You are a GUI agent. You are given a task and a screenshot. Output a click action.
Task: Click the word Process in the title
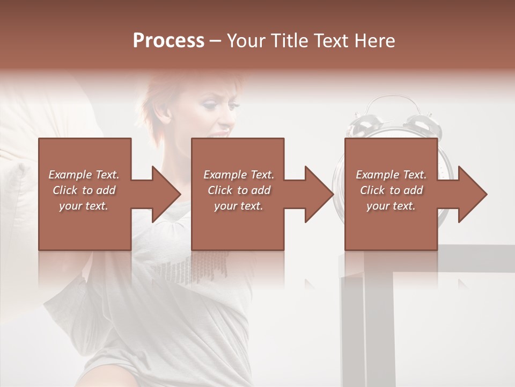point(168,41)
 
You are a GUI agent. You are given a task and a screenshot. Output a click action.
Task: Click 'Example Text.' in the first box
point(84,175)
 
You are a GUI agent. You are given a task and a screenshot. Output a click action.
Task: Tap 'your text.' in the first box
point(84,206)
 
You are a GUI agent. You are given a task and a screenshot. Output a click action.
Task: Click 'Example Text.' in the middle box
point(239,175)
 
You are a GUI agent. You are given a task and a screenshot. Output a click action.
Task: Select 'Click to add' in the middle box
point(239,190)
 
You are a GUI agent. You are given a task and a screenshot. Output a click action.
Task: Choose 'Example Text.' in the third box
point(391,175)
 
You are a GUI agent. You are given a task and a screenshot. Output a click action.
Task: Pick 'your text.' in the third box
point(391,206)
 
